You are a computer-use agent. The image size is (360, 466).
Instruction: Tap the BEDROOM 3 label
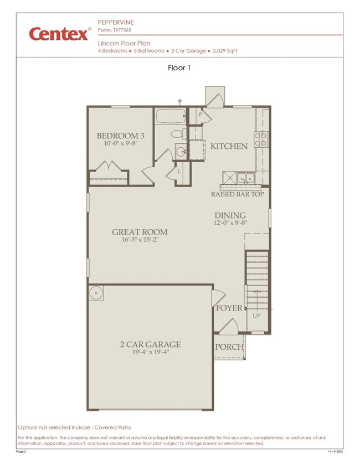coord(120,136)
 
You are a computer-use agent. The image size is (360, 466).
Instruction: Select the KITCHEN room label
coord(229,146)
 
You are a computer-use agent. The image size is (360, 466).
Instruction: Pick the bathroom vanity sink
coord(181,151)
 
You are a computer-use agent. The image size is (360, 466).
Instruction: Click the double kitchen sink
coord(243,178)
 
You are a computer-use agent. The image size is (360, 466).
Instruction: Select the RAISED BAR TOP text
coord(237,194)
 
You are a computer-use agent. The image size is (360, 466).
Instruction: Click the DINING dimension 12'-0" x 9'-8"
coord(230,224)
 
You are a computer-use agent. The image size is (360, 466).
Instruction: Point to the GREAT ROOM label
coord(140,232)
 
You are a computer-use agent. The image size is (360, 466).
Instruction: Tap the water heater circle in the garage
coord(95,293)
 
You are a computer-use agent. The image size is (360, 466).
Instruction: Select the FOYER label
coord(229,308)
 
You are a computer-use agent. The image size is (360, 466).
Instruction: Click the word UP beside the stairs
coord(256,315)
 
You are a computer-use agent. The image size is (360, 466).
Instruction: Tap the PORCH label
coord(229,347)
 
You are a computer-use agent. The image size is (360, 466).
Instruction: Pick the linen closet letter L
coord(179,172)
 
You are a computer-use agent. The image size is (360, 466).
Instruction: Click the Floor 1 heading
coord(179,68)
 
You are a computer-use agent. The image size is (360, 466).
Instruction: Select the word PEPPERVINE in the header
coord(115,22)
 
